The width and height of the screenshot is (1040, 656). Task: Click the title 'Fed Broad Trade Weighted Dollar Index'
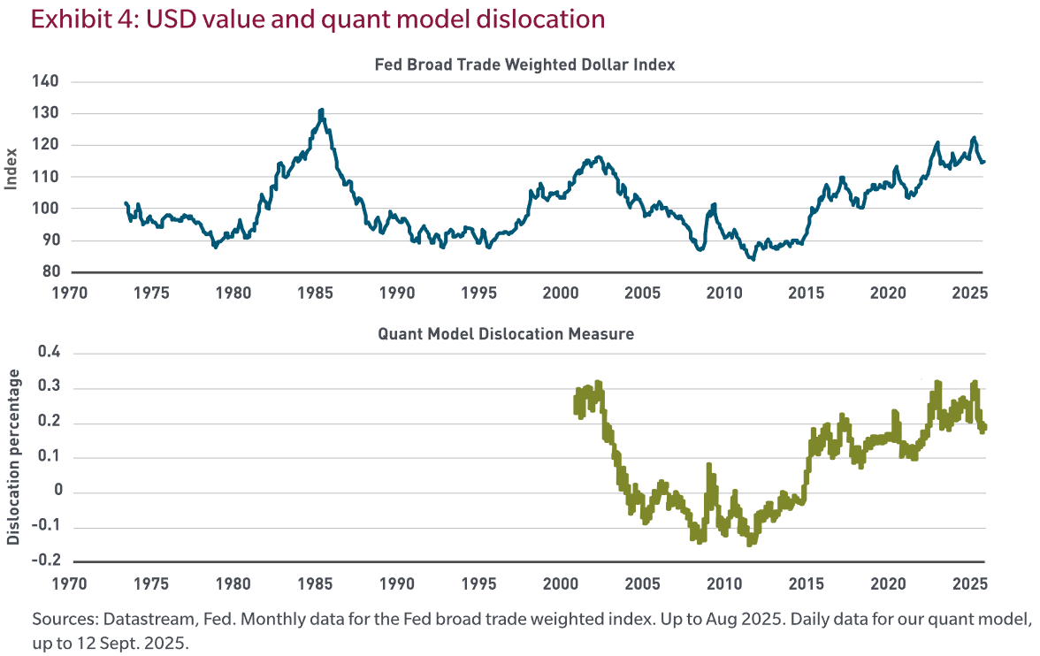(525, 65)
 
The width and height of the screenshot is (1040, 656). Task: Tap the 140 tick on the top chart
(44, 81)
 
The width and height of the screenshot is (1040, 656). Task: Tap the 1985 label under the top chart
(315, 290)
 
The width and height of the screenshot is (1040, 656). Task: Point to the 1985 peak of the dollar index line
(322, 111)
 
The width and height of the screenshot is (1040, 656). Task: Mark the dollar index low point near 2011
(752, 259)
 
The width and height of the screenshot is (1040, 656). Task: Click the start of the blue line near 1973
(126, 203)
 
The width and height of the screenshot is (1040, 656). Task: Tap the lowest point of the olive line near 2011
(749, 543)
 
